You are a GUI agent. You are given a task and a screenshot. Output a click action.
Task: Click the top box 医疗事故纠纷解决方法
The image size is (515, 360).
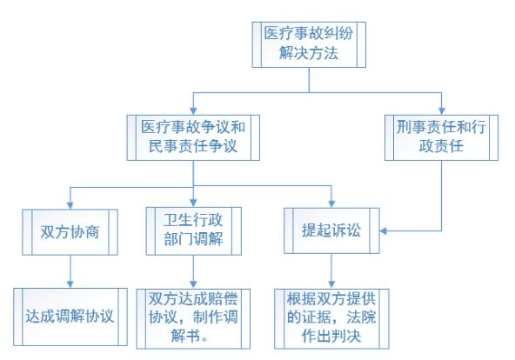click(309, 44)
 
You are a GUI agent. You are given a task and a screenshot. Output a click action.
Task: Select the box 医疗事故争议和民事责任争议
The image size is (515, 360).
click(193, 137)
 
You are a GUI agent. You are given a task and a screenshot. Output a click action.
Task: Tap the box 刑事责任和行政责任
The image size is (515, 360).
click(441, 137)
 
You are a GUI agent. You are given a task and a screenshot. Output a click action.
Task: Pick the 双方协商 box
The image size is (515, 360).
click(70, 232)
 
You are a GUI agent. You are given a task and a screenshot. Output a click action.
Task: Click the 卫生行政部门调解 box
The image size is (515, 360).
click(193, 231)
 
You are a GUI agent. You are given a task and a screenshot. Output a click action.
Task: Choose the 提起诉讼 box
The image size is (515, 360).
click(331, 230)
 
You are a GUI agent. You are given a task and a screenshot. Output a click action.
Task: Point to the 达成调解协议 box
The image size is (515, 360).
click(70, 317)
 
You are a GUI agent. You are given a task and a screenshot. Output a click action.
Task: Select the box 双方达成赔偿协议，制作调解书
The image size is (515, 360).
click(193, 318)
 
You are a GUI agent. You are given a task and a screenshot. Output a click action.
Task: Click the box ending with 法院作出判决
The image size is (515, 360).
click(331, 318)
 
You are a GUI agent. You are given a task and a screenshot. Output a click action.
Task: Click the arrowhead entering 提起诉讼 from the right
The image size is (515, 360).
click(383, 230)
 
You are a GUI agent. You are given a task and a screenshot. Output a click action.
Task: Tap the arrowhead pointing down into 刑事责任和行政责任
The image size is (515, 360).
click(441, 110)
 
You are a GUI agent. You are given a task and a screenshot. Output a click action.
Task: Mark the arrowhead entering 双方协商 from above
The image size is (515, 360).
click(70, 205)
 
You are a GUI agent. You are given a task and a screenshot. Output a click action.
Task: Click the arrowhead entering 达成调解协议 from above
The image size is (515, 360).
click(70, 284)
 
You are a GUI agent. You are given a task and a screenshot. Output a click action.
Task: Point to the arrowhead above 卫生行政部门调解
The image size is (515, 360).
click(193, 203)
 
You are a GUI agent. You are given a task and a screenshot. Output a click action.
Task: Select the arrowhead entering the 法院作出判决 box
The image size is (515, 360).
click(331, 285)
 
